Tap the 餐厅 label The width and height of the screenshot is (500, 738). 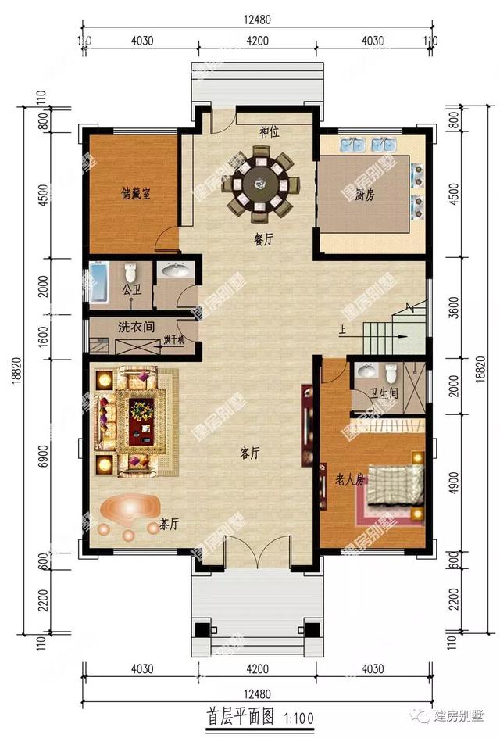coord(263,241)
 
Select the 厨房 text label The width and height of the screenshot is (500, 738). coord(364,195)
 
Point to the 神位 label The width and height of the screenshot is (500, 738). coord(270,132)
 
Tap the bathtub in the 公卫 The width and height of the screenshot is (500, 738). coord(98,284)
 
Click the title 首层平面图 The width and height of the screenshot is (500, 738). coord(240,715)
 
